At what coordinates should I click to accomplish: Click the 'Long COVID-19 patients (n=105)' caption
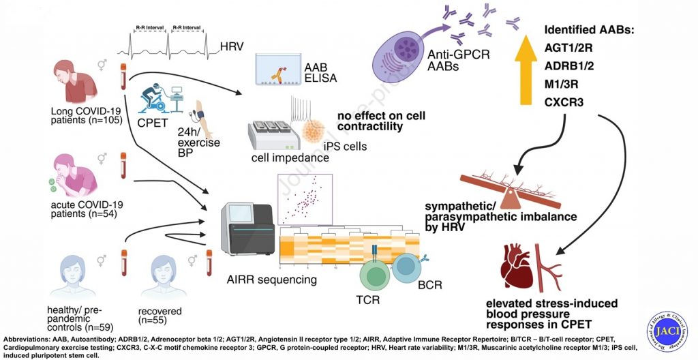[80, 117]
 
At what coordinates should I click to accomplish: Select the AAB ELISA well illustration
[282, 70]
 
